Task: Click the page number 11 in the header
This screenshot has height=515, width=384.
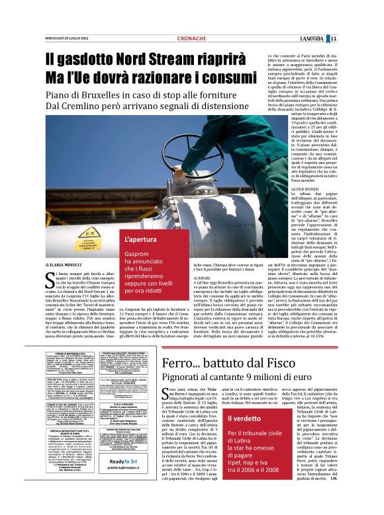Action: [x=371, y=38]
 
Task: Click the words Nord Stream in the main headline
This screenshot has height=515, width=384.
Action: [x=166, y=58]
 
